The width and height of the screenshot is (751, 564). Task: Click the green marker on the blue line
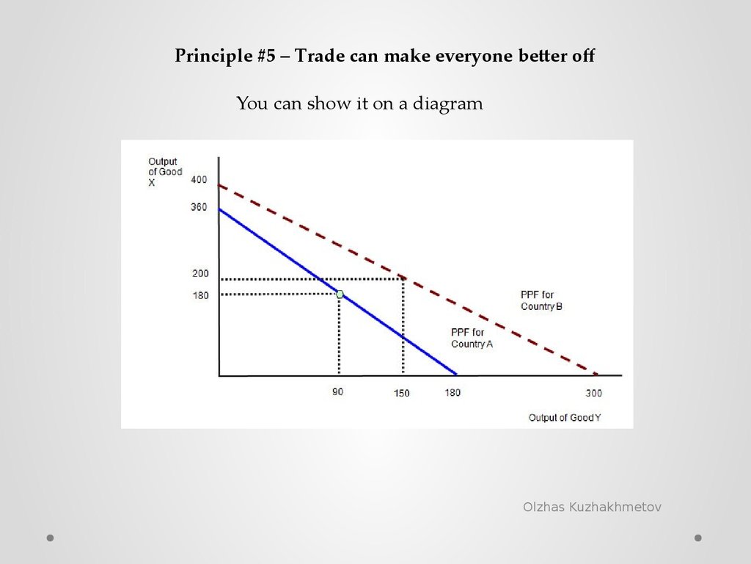click(340, 294)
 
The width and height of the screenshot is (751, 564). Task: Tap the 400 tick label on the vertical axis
click(199, 180)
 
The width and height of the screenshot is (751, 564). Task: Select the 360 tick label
click(199, 207)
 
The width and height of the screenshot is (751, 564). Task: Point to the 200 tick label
click(200, 273)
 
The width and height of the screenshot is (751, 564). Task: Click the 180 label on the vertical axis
click(200, 295)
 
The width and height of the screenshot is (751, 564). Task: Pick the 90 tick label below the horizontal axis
click(337, 392)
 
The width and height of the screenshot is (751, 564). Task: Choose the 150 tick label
click(401, 394)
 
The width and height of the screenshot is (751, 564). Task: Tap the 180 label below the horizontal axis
click(453, 393)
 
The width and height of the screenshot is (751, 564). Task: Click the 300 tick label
click(593, 394)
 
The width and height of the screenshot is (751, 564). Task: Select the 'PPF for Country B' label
click(541, 300)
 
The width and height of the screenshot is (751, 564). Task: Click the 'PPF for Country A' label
click(472, 338)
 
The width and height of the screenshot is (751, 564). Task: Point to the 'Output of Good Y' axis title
click(565, 418)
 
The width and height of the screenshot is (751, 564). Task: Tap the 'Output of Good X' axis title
click(165, 172)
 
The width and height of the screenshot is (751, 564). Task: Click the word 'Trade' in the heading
click(320, 56)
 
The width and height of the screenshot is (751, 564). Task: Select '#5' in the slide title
click(265, 56)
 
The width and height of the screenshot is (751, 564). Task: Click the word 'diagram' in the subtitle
click(448, 104)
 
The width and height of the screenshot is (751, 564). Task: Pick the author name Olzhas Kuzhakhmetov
click(592, 507)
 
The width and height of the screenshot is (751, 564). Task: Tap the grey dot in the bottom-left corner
click(51, 538)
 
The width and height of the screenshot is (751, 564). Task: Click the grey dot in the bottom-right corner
click(698, 538)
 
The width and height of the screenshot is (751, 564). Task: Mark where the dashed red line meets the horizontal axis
click(597, 375)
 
